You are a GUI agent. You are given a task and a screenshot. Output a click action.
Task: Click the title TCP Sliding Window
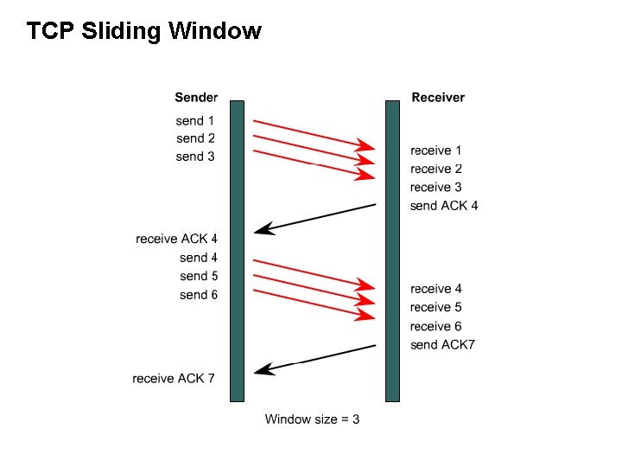[x=143, y=32]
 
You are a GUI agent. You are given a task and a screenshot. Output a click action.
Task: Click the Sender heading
[x=196, y=98]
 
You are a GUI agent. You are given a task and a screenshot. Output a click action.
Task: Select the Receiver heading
[x=438, y=98]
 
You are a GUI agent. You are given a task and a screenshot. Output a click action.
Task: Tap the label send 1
[x=195, y=120]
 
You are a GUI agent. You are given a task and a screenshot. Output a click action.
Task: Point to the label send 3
[x=195, y=157]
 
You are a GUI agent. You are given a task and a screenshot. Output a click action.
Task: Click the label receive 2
[x=436, y=169]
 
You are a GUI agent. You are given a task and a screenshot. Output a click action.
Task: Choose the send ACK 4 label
[x=444, y=206]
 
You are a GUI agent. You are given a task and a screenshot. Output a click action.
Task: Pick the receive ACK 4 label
[x=177, y=239]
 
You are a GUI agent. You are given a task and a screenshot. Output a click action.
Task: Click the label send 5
[x=199, y=276]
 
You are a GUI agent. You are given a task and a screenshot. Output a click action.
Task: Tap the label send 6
[x=199, y=295]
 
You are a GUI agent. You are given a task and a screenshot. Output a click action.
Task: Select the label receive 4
[x=436, y=289]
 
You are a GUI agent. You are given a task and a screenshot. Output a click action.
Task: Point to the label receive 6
[x=436, y=326]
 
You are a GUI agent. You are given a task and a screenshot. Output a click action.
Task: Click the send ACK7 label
[x=443, y=345]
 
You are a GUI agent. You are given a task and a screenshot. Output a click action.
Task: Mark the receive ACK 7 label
[x=174, y=378]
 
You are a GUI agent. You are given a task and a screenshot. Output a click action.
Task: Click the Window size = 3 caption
[x=312, y=419]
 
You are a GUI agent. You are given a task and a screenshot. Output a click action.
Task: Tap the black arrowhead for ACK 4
[x=263, y=229]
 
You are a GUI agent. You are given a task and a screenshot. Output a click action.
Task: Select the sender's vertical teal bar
[x=237, y=251]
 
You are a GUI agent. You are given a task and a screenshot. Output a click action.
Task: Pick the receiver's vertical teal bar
[x=392, y=251]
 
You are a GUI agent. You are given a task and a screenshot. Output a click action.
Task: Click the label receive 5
[x=436, y=307]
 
